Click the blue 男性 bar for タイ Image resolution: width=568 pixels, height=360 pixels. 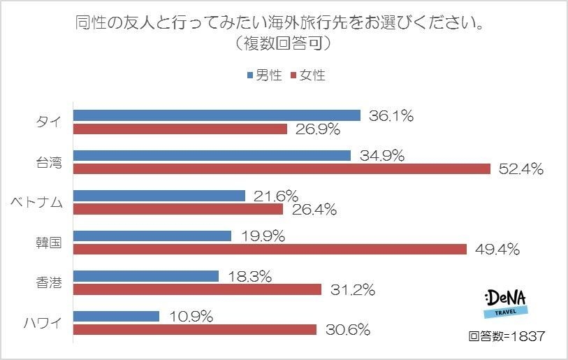tap(217, 115)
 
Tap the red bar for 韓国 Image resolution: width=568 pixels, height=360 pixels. tap(270, 249)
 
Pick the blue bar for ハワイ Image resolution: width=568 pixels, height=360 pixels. tap(116, 316)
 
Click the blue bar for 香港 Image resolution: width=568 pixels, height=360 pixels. tap(145, 276)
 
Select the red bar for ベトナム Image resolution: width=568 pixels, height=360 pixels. tap(177, 209)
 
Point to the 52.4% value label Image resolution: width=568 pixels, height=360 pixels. tap(520, 169)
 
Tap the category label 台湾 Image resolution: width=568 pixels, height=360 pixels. tap(48, 162)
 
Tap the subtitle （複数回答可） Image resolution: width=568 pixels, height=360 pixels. tap(283, 43)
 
